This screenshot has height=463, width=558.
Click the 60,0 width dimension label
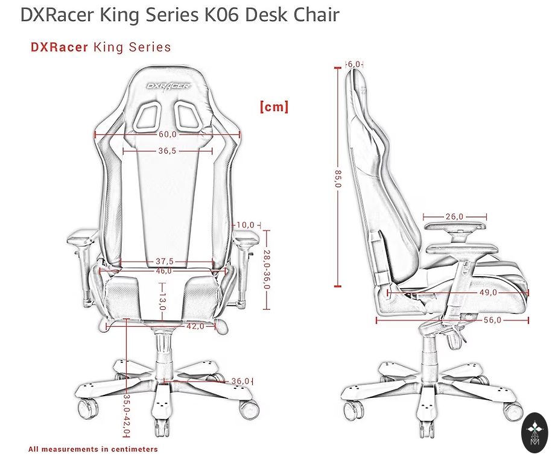click(168, 134)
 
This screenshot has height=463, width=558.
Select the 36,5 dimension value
click(167, 151)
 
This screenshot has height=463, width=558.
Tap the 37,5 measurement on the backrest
click(165, 262)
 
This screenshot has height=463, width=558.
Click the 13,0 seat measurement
click(162, 301)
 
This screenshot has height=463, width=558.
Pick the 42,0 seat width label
click(194, 326)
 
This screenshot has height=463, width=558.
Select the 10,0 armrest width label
click(246, 225)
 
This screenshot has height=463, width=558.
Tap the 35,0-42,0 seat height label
click(127, 415)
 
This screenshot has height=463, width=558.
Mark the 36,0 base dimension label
click(240, 381)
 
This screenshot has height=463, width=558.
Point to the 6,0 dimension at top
click(354, 64)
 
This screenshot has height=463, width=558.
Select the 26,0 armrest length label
click(455, 216)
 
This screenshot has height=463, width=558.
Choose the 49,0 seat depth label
click(487, 292)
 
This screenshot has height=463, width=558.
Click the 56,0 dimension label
click(492, 320)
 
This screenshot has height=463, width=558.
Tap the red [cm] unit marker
click(274, 107)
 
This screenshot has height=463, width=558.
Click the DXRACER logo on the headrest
click(168, 86)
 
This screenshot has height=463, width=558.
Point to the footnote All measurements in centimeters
click(93, 449)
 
